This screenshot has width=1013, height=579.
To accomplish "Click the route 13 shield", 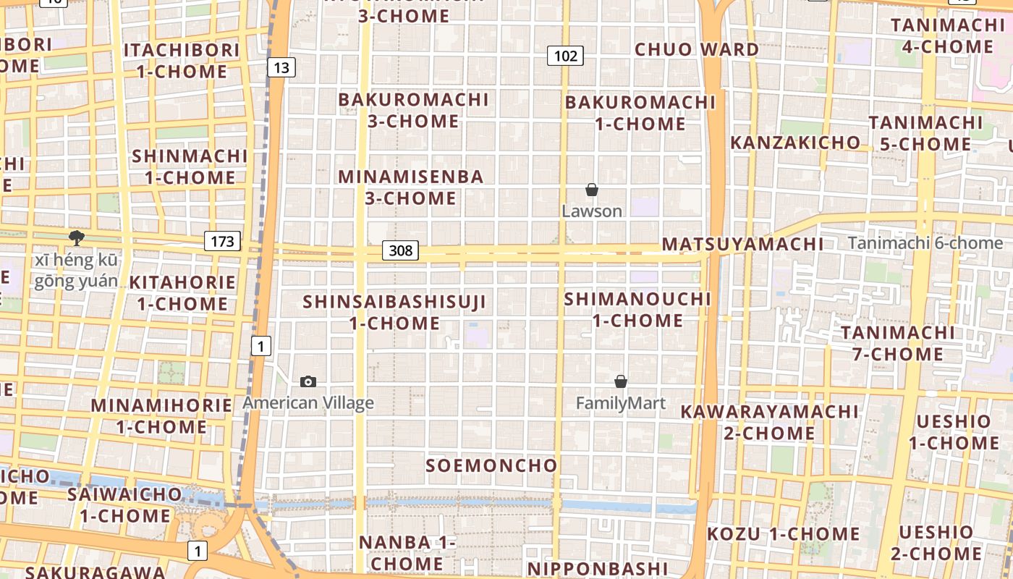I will [281, 67].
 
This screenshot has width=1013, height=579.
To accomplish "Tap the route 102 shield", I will [565, 55].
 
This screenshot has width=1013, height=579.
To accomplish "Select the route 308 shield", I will [400, 250].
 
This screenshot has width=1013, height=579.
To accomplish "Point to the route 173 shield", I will [221, 241].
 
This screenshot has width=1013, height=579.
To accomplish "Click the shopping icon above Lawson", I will [592, 190].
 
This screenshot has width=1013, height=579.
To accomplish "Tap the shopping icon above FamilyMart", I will [620, 381].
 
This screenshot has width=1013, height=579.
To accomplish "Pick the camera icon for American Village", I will [308, 381].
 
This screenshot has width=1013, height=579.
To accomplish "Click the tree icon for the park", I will [76, 237].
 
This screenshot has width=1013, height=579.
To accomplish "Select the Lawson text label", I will [592, 211].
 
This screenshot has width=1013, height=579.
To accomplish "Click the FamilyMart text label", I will [620, 403].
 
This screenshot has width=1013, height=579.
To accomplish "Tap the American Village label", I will [308, 403].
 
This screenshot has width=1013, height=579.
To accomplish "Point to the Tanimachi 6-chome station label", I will [925, 243].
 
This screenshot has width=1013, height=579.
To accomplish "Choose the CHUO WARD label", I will [697, 49].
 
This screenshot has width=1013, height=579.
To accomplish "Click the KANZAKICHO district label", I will [795, 143].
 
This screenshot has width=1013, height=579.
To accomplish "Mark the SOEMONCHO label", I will [491, 465].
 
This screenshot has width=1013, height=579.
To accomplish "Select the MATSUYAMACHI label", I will [743, 244].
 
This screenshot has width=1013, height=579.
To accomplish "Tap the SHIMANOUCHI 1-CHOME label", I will [637, 309].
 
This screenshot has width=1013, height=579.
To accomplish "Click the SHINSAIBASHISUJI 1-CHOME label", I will [394, 312].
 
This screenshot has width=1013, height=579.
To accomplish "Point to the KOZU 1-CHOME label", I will [784, 534].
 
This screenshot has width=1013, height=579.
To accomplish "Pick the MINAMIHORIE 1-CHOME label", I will [161, 416].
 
